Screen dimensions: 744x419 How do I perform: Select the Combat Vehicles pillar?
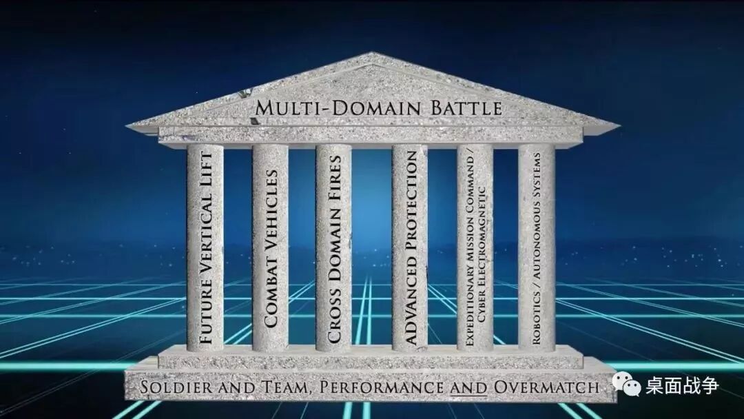[x=270, y=248]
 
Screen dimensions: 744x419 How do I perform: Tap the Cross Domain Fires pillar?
[x=334, y=248]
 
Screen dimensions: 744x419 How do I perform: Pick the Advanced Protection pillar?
[x=410, y=248]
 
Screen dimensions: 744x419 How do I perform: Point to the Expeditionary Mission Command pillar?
[x=475, y=248]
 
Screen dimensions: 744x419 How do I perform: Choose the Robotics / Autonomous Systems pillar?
[x=537, y=248]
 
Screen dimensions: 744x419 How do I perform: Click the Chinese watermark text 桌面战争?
[x=682, y=385]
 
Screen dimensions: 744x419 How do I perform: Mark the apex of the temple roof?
[x=373, y=54]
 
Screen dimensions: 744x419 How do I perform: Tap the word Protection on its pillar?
[x=410, y=200]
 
